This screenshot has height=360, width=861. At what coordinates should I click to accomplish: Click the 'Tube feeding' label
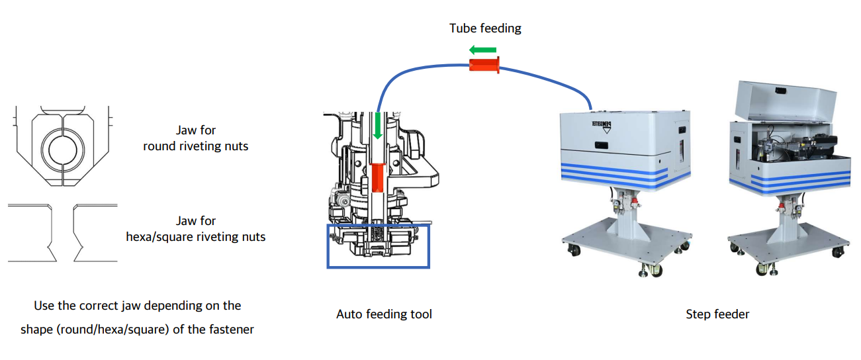[x=485, y=28]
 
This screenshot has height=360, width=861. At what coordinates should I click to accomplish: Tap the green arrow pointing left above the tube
[x=482, y=50]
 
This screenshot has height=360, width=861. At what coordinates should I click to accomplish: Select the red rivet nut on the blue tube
[x=484, y=65]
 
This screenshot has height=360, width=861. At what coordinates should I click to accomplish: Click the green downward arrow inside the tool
[x=378, y=126]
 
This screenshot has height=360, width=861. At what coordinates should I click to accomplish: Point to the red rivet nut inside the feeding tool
[x=377, y=177]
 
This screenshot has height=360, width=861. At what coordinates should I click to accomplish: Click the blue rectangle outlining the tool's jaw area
[x=378, y=267]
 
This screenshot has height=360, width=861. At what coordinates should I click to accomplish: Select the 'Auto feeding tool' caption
[x=384, y=314]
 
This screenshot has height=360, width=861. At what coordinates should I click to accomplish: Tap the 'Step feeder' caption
[x=717, y=314]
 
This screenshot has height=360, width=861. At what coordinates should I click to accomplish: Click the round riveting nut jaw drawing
[x=62, y=146]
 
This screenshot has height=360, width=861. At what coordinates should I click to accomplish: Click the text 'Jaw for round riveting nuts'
[x=196, y=138]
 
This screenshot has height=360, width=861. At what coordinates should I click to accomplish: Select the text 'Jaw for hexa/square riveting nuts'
[x=196, y=228]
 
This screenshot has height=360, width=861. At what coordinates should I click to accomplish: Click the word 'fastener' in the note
[x=232, y=329]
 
